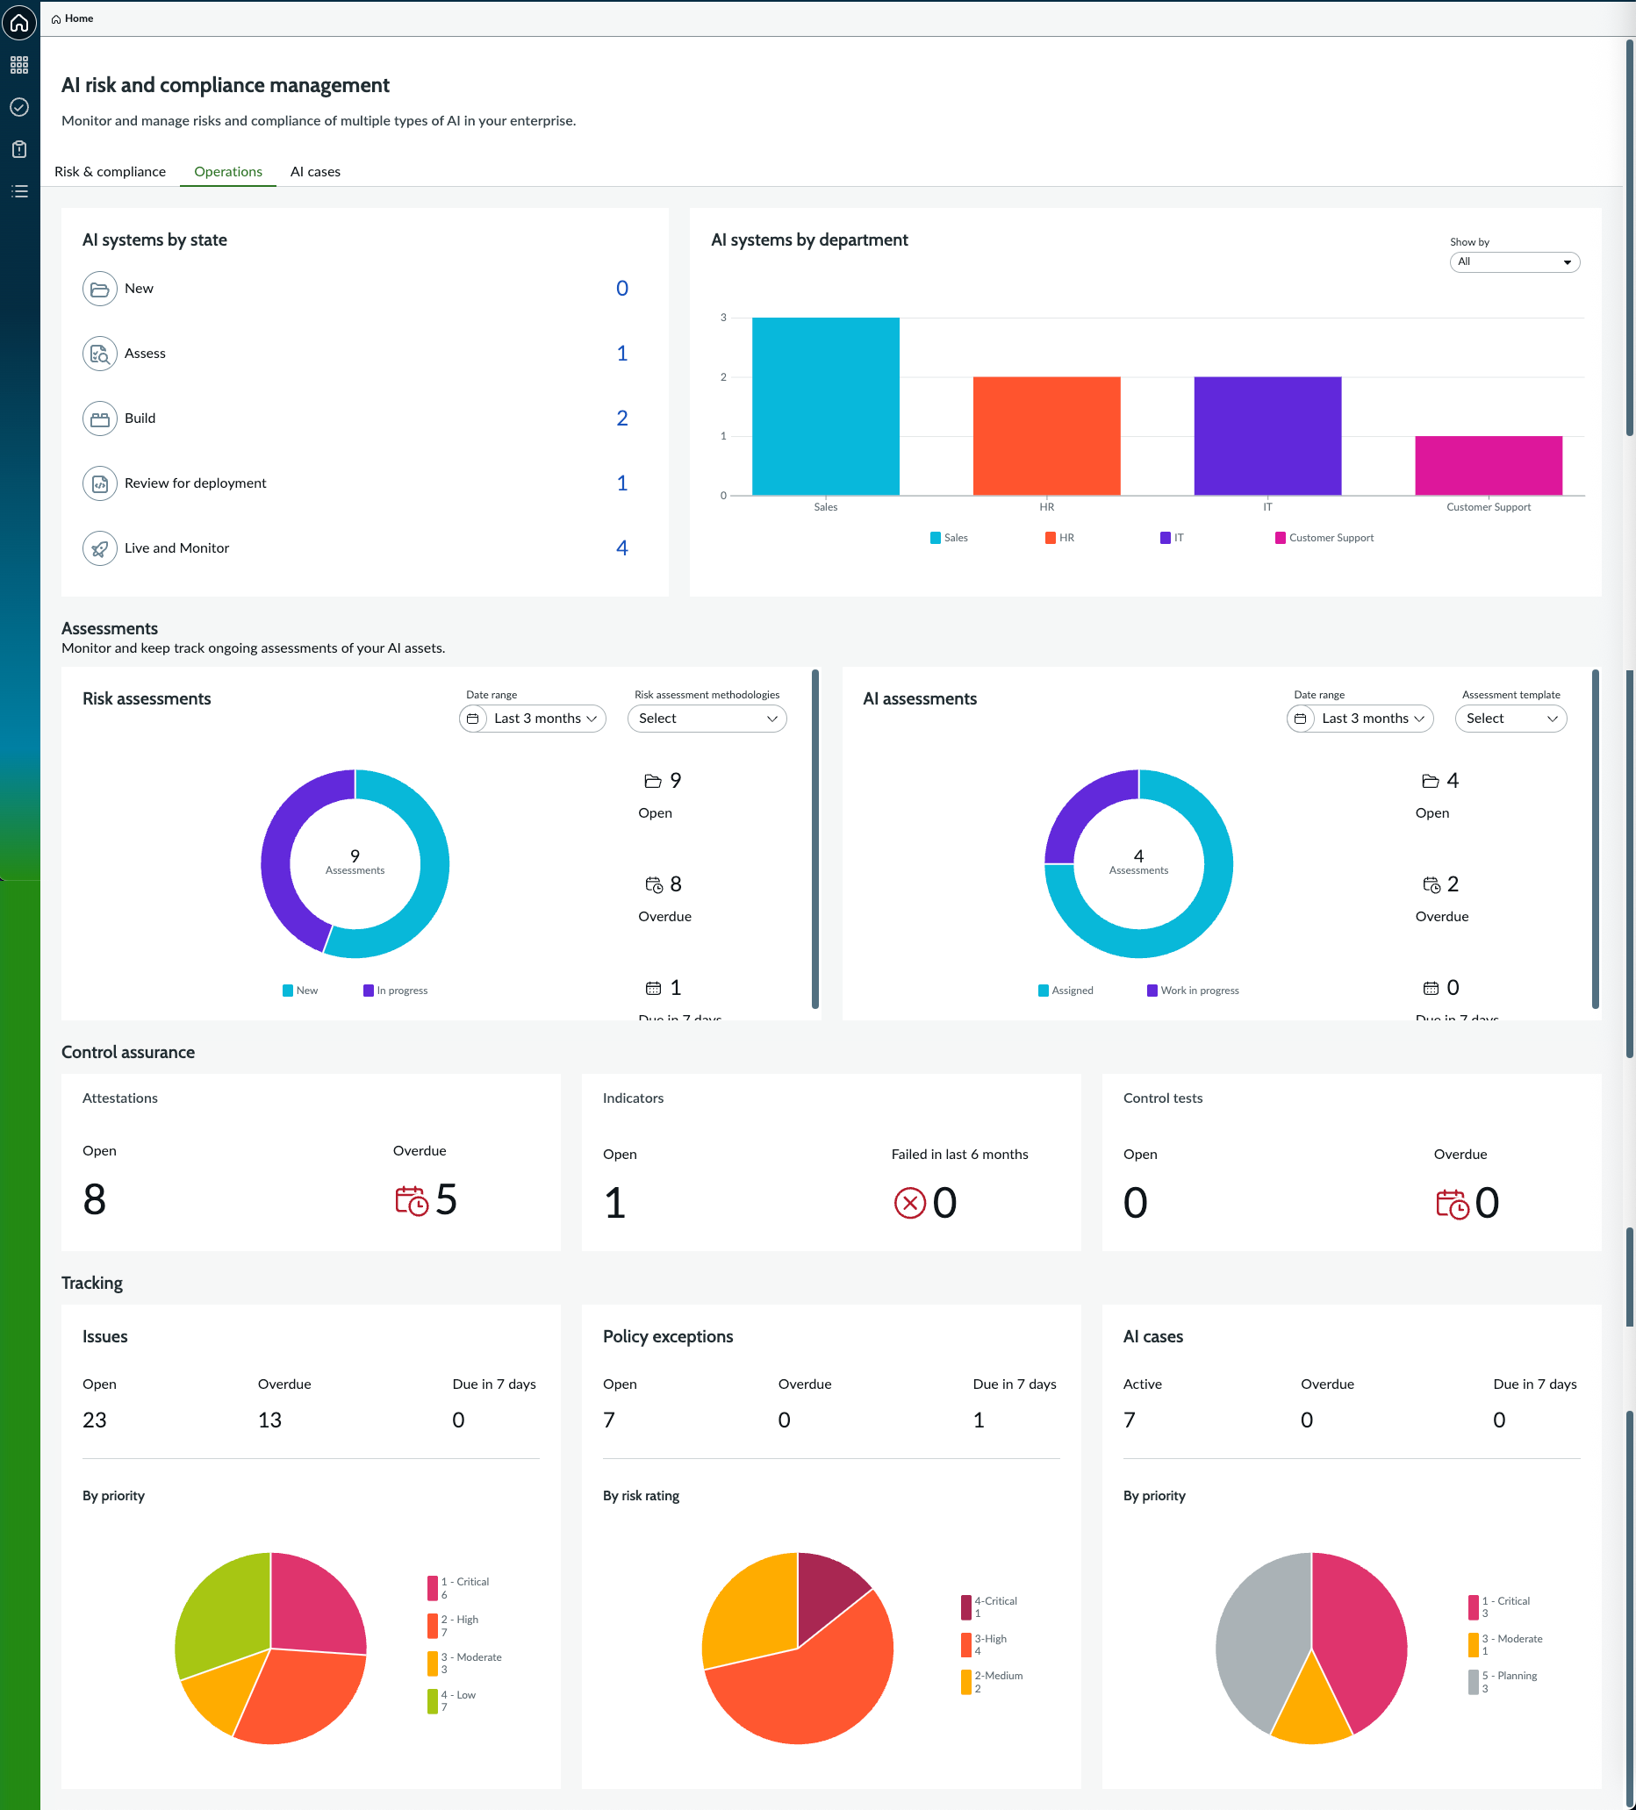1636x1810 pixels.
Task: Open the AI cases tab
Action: tap(315, 171)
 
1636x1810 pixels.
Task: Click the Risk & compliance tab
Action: tap(111, 171)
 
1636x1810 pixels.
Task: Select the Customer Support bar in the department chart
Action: tap(1488, 465)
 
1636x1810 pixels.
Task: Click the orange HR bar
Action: tap(1046, 435)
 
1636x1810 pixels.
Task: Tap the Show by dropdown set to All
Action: tap(1514, 262)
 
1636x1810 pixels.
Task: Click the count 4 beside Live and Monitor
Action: tap(621, 547)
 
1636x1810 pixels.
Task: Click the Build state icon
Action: tap(100, 419)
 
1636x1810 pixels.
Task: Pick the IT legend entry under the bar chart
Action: tap(1172, 538)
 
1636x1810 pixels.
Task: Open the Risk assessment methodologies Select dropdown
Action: tap(707, 719)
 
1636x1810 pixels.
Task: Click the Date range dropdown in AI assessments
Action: tap(1360, 719)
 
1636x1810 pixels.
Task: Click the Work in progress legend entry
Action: tap(1193, 991)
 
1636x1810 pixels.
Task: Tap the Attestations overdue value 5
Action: tap(446, 1199)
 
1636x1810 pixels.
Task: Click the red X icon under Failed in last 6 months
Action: tap(909, 1203)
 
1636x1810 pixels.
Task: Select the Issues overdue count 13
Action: tap(269, 1420)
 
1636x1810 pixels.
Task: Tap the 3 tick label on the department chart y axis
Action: tap(723, 318)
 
